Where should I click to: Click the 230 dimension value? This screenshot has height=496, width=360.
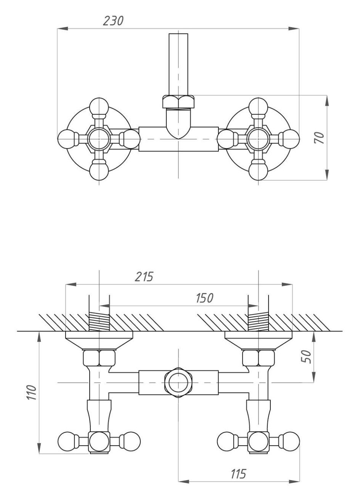click(x=113, y=21)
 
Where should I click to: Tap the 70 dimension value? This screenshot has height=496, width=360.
click(x=319, y=137)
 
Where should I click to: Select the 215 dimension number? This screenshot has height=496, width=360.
click(x=144, y=277)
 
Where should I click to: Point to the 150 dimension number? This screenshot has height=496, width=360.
click(x=205, y=298)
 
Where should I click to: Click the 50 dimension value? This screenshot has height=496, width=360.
click(x=307, y=356)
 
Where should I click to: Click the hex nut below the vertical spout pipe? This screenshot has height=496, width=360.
click(x=178, y=101)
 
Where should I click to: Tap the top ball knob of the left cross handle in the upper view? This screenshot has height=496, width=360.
click(x=99, y=106)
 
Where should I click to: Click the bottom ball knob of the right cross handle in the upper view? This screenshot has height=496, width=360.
click(x=258, y=171)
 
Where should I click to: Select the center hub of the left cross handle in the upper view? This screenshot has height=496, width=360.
click(x=99, y=139)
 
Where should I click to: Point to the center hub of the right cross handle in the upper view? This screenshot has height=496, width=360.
click(x=258, y=139)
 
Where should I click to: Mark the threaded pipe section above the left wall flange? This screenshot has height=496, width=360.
click(x=99, y=322)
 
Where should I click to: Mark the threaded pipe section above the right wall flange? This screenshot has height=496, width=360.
click(x=258, y=322)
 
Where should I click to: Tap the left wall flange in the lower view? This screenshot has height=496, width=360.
click(x=99, y=340)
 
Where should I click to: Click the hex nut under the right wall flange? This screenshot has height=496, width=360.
click(x=258, y=358)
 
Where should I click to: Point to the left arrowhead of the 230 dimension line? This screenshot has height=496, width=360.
click(x=63, y=29)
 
